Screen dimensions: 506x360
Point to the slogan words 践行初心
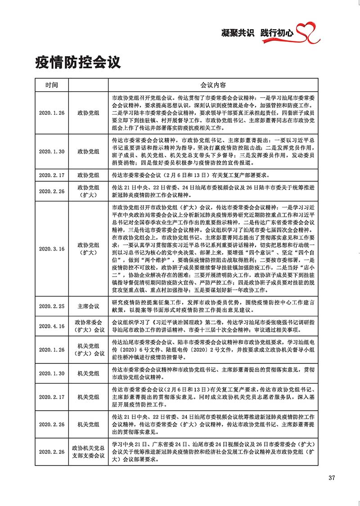277,33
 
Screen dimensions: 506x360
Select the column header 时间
51,85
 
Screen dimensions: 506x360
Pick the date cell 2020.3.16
51,249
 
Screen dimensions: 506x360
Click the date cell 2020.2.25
51,306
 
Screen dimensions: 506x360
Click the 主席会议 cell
88,306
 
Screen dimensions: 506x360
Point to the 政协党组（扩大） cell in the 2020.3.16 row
88,249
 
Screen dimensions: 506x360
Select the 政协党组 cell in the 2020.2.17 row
88,175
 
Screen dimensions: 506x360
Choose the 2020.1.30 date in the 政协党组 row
51,152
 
